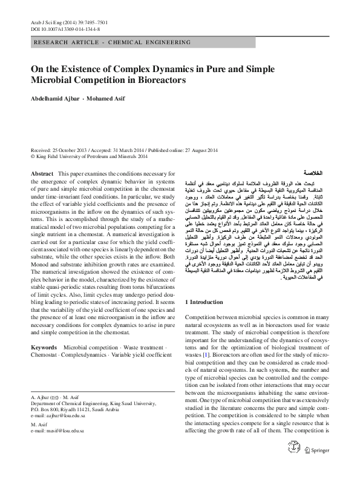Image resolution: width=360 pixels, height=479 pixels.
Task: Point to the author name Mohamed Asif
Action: tap(105, 99)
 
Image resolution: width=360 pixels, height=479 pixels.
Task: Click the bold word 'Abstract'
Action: tap(42, 174)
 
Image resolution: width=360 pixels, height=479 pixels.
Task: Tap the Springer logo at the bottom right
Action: tap(317, 466)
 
